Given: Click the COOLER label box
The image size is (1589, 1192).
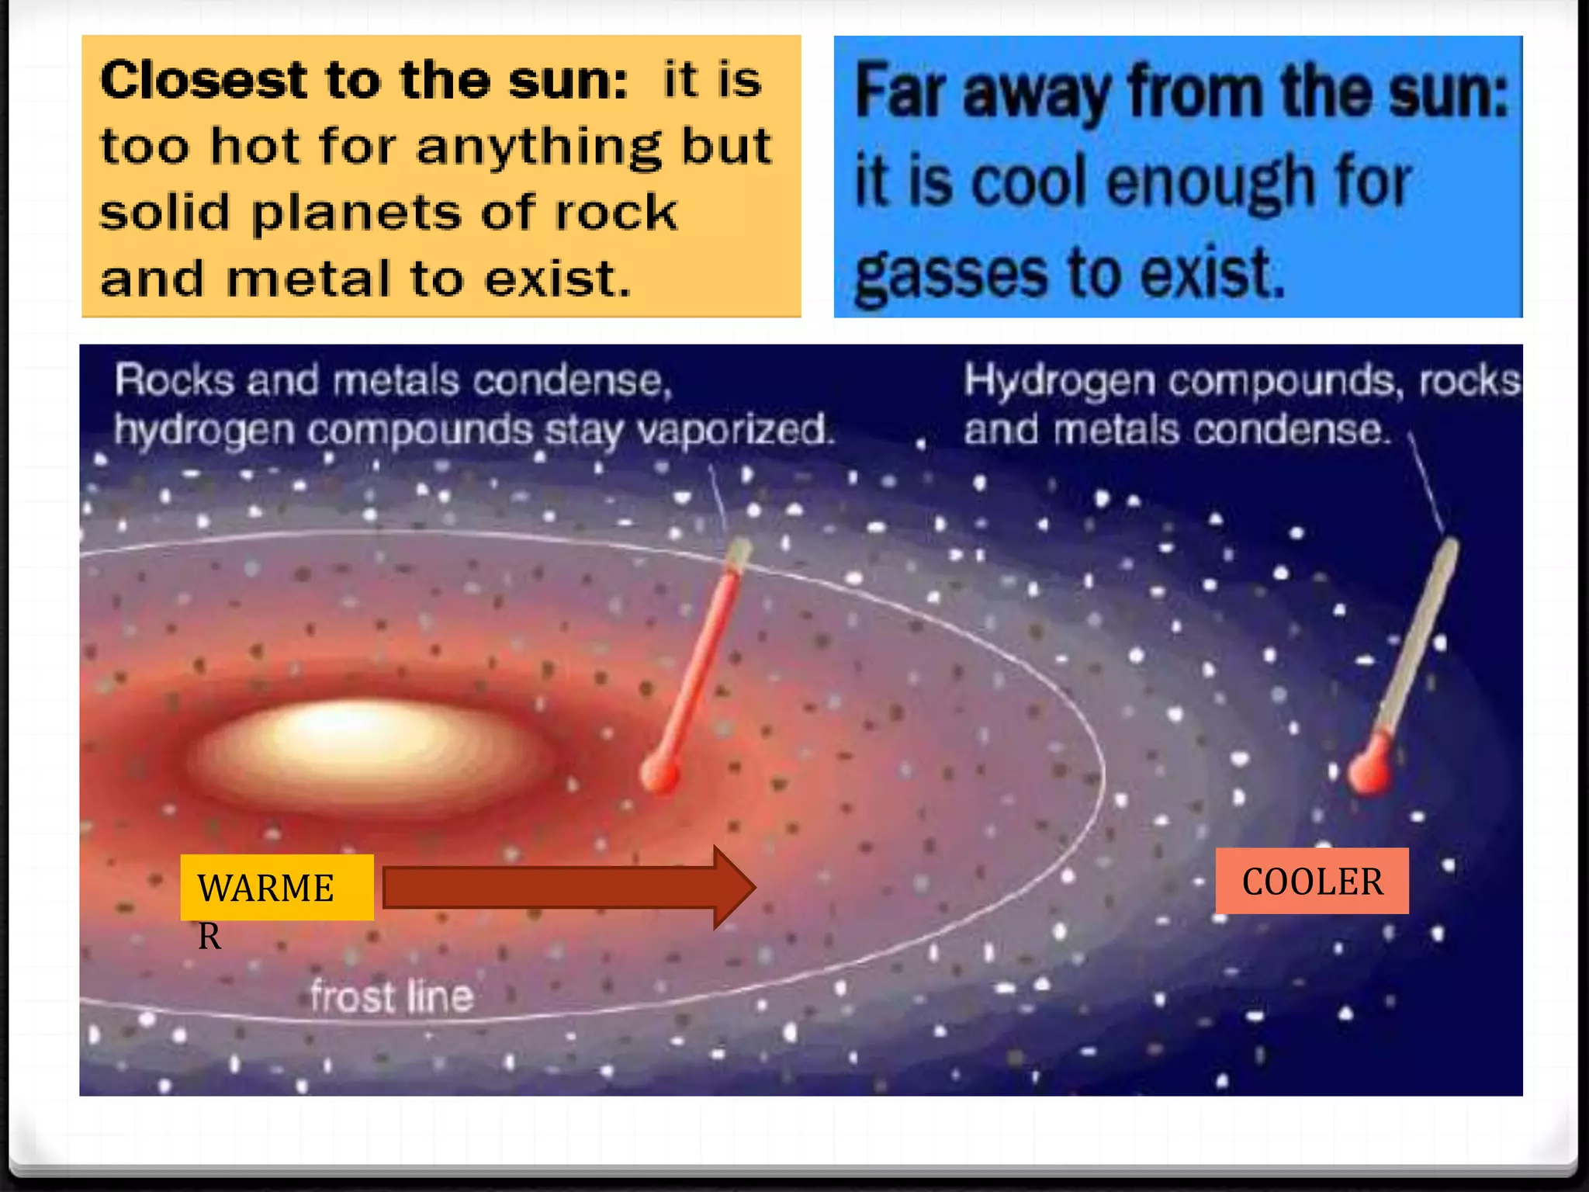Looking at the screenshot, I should pos(1312,881).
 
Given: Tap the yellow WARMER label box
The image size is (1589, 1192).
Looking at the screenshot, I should pos(277,888).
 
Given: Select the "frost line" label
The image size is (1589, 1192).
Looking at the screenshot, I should pos(391,996).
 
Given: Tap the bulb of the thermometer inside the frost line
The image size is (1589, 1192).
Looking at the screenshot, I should pos(660,773).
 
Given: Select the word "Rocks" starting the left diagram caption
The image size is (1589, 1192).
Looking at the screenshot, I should pos(175,381).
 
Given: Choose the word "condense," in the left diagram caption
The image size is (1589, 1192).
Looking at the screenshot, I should pos(573,381).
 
